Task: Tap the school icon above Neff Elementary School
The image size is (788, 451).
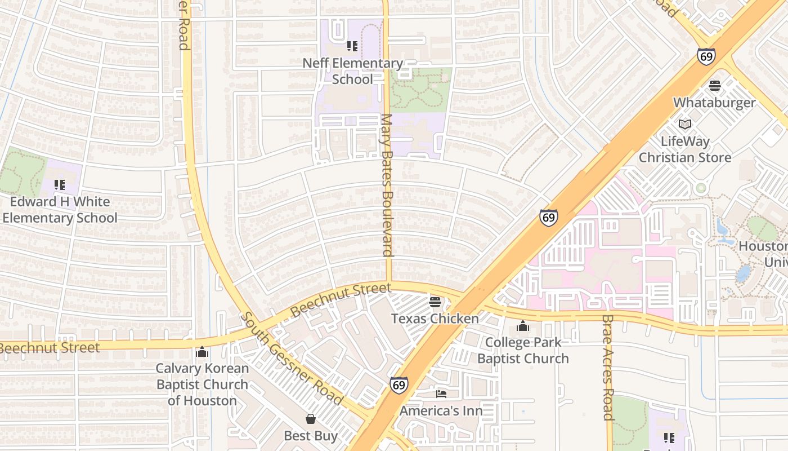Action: [x=352, y=46]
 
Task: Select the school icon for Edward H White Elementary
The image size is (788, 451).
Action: [x=60, y=184]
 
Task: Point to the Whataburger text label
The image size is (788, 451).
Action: [x=714, y=103]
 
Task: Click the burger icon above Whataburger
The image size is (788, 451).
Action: [x=715, y=86]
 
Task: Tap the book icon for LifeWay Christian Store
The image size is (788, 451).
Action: [x=684, y=124]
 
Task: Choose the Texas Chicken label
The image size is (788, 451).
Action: [x=435, y=319]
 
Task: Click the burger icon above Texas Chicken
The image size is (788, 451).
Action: [x=435, y=302]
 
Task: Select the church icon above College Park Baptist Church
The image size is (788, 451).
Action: [x=523, y=326]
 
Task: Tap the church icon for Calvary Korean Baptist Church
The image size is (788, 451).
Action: [x=202, y=352]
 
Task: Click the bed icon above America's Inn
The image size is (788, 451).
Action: [x=441, y=393]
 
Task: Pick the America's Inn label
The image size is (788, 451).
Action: [x=441, y=411]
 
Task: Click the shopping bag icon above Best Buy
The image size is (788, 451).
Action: [x=310, y=419]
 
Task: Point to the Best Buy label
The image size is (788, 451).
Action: [x=310, y=436]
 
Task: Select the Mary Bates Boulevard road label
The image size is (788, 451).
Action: [x=387, y=185]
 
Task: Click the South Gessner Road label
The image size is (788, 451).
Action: [x=292, y=359]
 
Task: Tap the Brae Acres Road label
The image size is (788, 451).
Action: [x=607, y=368]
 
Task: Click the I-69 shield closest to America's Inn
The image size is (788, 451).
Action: [x=399, y=385]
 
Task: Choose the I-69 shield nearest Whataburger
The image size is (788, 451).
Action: [x=706, y=56]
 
